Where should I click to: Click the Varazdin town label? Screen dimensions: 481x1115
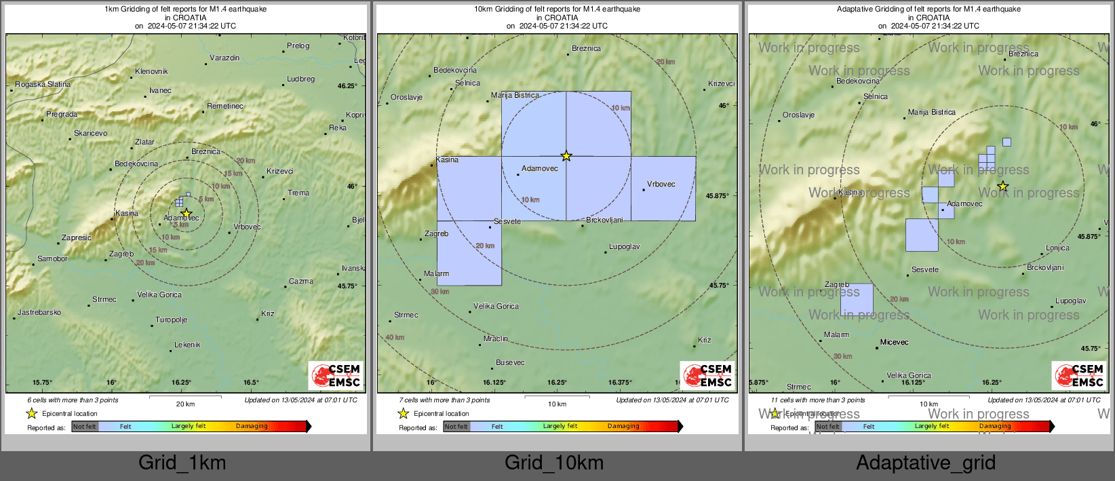224,58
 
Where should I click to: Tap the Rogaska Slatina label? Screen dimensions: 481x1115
43,85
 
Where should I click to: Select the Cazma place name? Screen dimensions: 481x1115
300,281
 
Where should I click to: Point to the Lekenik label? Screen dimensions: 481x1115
187,345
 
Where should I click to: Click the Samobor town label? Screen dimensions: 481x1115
52,259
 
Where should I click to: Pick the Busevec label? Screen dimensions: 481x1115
510,363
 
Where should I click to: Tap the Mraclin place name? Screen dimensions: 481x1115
496,339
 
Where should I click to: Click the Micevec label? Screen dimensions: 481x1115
894,343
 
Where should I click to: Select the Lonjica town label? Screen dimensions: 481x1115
1057,248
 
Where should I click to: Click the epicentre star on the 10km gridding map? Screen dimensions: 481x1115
566,156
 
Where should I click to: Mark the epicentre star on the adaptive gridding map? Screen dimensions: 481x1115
1003,187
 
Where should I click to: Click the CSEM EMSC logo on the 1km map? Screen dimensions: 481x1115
336,375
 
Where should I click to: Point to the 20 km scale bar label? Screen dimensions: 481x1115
185,404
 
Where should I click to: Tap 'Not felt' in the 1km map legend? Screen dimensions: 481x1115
85,427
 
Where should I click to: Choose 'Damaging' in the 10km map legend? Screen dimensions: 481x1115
623,427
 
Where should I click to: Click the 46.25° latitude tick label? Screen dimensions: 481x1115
347,86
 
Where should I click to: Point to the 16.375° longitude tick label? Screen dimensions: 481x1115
620,383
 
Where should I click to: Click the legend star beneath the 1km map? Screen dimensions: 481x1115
32,414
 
